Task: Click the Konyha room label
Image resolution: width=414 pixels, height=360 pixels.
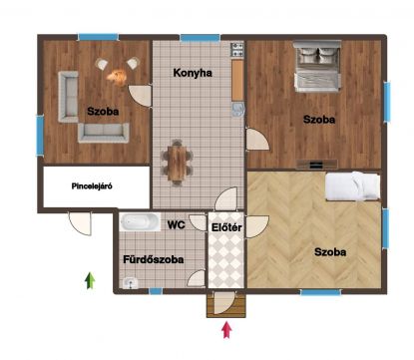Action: [193, 73]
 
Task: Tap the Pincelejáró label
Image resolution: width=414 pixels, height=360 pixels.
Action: [92, 186]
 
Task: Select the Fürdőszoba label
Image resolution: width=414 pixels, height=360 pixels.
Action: [154, 259]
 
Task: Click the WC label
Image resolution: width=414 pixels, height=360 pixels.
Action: [176, 225]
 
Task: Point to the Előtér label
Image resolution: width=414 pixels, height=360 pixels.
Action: [226, 227]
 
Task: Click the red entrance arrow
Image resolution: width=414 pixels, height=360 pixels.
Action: [226, 330]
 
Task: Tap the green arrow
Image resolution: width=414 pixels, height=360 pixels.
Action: [90, 280]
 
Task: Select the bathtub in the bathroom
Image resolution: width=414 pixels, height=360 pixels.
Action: [140, 222]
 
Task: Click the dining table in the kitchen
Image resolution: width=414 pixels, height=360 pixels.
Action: [177, 163]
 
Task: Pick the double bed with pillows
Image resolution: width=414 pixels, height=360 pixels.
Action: [317, 66]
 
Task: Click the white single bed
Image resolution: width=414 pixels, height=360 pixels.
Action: [352, 185]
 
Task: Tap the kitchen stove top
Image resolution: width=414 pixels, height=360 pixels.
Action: [237, 50]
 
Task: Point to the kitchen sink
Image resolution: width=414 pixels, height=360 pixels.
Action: [238, 110]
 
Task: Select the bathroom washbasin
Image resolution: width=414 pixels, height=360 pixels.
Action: [131, 283]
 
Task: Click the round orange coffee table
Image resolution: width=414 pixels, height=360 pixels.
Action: [118, 76]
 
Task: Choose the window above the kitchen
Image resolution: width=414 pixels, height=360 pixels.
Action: [201, 38]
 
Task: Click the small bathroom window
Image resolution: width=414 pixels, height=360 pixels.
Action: [156, 291]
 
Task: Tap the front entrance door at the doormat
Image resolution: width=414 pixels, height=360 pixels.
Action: [223, 302]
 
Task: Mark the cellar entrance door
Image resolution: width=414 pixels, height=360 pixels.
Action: [80, 223]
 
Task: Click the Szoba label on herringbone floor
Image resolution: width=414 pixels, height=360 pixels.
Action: [330, 252]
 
